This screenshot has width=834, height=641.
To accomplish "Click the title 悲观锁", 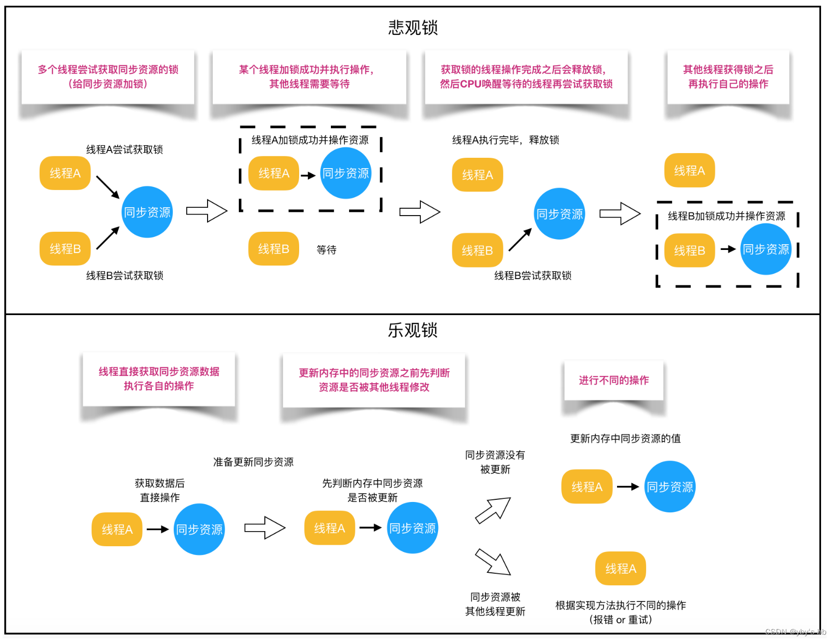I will coord(413,28).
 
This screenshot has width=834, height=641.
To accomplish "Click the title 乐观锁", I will coord(413,330).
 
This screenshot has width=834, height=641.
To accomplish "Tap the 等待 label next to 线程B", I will coord(326,250).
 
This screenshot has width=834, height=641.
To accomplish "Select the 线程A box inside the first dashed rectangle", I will coord(274,173).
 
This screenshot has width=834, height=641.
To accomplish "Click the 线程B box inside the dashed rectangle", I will coord(689,250).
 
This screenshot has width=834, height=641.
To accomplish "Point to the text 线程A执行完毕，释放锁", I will coord(505,140).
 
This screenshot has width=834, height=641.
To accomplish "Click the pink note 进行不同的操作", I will coord(613,381).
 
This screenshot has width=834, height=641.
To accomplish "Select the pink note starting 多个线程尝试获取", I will coord(108,77).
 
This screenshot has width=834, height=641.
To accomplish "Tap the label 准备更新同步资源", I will coord(253,462).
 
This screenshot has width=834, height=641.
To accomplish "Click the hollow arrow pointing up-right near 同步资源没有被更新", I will coord(493,510).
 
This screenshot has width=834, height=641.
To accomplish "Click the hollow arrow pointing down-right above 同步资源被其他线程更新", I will coord(493,562).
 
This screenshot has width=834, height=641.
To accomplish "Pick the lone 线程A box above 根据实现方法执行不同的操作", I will coord(620,569).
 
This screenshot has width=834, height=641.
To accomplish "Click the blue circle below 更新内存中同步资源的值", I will coord(670,487).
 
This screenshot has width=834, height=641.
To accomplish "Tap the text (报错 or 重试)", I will coord(620,620).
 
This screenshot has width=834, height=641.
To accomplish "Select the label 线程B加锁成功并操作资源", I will coord(726,216).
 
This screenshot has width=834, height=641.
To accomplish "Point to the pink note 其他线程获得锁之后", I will coord(728,77).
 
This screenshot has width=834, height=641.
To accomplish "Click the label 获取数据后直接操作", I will coord(160,491).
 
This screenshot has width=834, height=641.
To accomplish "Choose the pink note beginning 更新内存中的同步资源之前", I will coord(374,380).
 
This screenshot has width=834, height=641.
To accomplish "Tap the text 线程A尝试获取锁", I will coord(124,150).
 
